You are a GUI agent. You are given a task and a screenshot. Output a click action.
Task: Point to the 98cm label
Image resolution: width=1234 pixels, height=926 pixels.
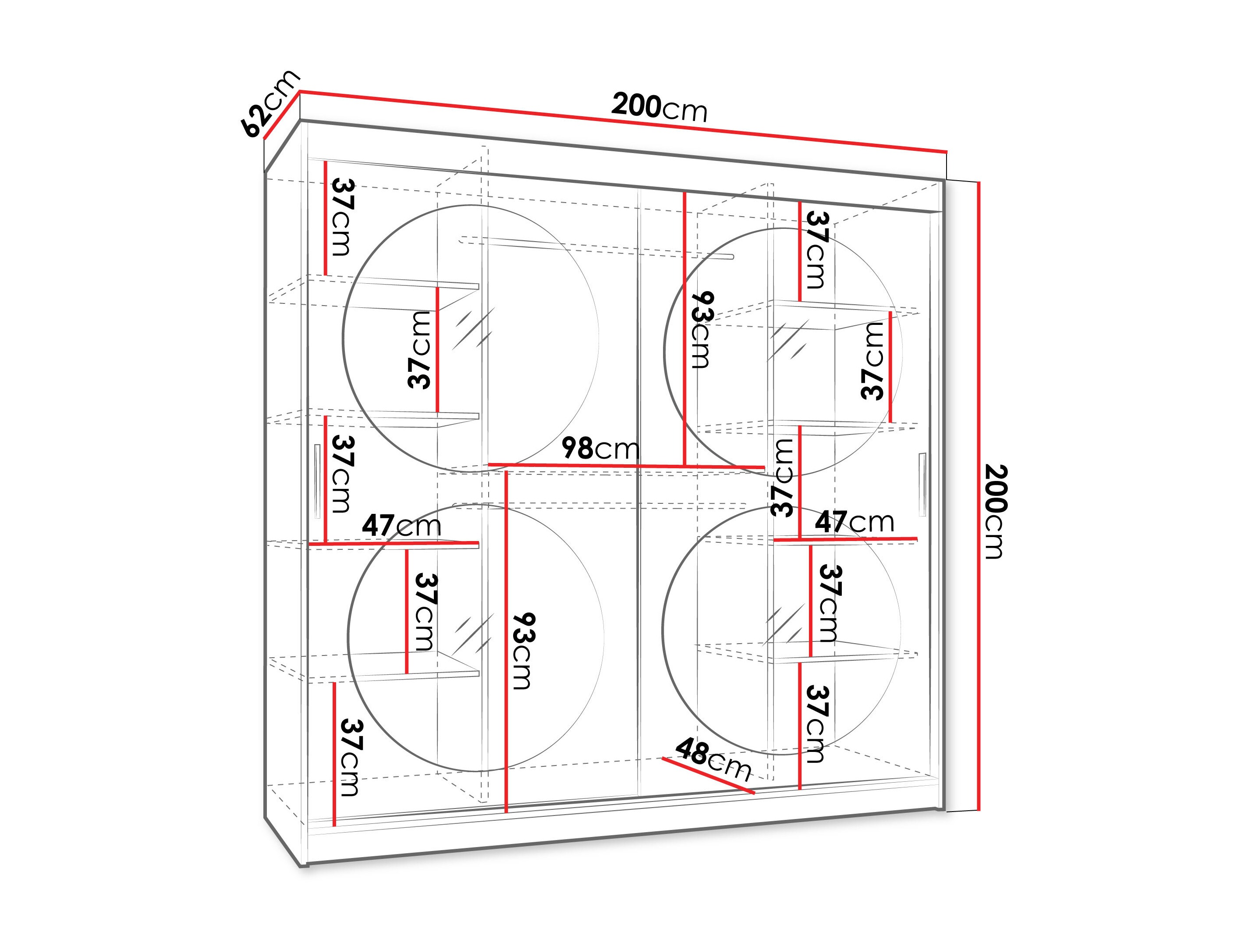[x=600, y=448]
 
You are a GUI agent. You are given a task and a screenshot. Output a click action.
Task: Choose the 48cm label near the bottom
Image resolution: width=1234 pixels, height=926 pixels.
[x=713, y=760]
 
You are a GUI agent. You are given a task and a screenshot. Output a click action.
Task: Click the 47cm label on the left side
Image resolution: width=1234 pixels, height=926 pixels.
[x=401, y=525]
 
